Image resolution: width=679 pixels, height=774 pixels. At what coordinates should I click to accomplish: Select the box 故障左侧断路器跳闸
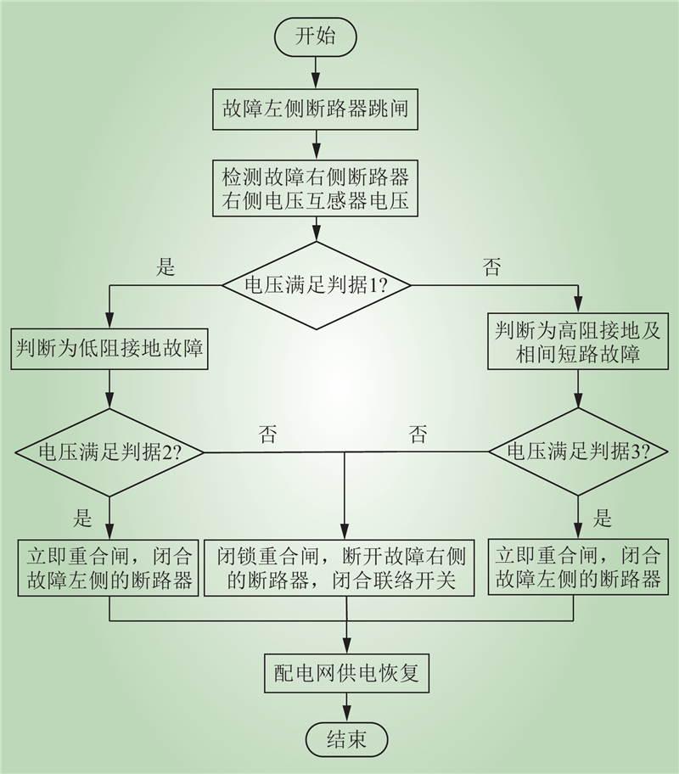(x=316, y=109)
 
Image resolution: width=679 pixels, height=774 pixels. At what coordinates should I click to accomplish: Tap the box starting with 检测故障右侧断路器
(x=316, y=189)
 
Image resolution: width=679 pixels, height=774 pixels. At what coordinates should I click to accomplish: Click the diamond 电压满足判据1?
(x=316, y=285)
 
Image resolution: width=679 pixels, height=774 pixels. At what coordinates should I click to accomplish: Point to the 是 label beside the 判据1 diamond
(x=166, y=267)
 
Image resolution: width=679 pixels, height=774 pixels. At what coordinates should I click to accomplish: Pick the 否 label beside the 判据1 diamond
(x=491, y=267)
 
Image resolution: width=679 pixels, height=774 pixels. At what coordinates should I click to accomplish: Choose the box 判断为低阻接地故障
(x=110, y=349)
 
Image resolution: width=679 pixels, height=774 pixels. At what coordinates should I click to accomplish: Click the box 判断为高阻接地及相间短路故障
(x=579, y=342)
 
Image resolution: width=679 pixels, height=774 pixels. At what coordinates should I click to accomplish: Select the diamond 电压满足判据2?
(x=110, y=451)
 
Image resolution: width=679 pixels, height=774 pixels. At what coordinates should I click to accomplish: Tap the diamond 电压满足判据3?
(x=579, y=451)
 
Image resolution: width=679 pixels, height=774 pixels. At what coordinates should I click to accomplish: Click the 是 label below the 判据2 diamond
(x=84, y=517)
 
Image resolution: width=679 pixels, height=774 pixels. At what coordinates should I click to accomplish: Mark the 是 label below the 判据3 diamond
(x=603, y=517)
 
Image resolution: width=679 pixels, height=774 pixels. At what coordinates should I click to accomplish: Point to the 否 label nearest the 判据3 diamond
(x=418, y=436)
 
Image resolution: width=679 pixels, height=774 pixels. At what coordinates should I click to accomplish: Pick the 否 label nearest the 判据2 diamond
(x=267, y=436)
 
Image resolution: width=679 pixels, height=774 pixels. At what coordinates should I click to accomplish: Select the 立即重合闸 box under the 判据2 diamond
(x=110, y=568)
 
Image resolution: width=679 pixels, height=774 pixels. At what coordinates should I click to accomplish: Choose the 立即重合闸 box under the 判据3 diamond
(x=579, y=568)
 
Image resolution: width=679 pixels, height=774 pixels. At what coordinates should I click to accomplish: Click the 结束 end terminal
(x=346, y=738)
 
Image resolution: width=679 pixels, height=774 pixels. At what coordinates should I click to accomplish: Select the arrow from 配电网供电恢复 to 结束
(x=346, y=708)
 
